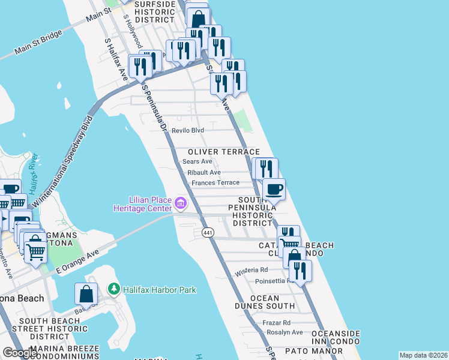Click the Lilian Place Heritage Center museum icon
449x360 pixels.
click(x=181, y=203)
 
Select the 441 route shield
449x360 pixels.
click(x=208, y=232)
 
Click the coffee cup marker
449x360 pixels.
click(x=274, y=190)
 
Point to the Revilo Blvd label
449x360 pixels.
click(x=188, y=130)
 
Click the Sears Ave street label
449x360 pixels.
click(x=197, y=161)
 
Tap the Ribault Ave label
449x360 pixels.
click(x=204, y=172)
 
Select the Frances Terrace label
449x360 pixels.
click(x=215, y=182)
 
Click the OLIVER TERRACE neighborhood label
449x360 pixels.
click(x=223, y=152)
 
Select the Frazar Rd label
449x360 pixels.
click(x=276, y=322)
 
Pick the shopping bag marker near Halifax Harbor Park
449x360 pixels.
click(x=86, y=294)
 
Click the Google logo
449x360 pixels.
click(x=20, y=353)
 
